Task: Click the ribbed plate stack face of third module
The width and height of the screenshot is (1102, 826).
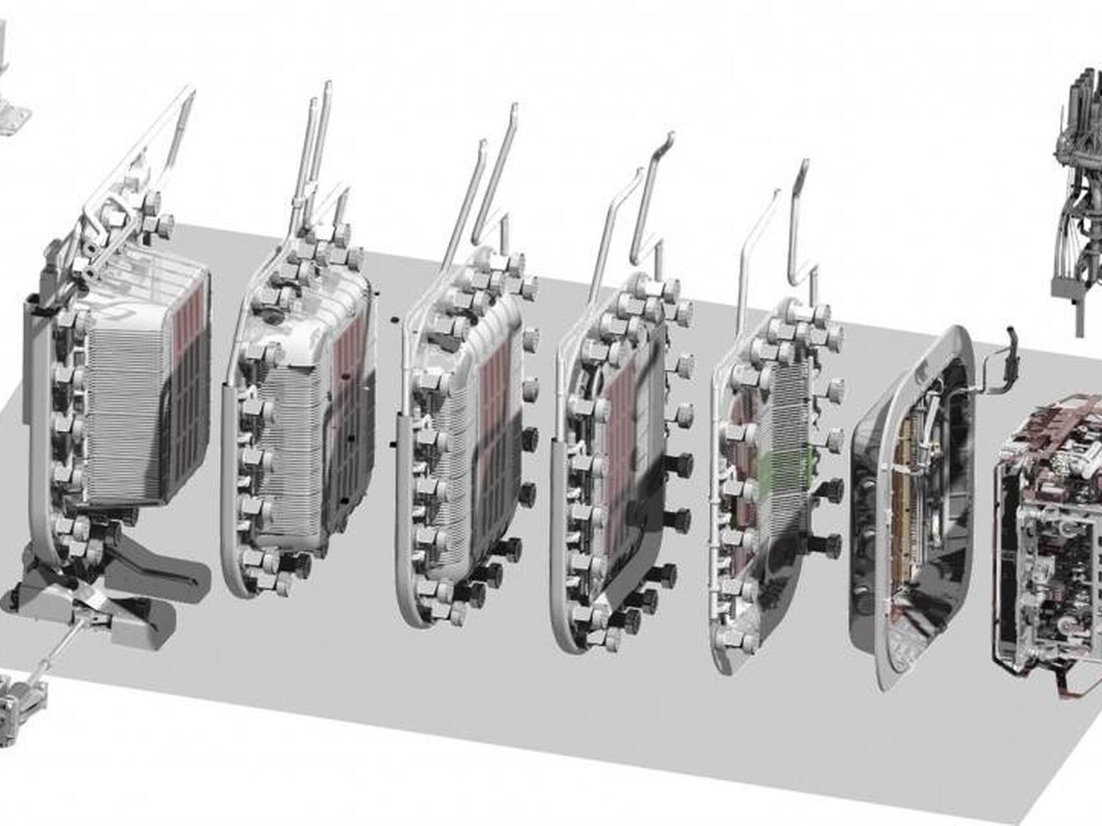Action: tap(454, 453)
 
